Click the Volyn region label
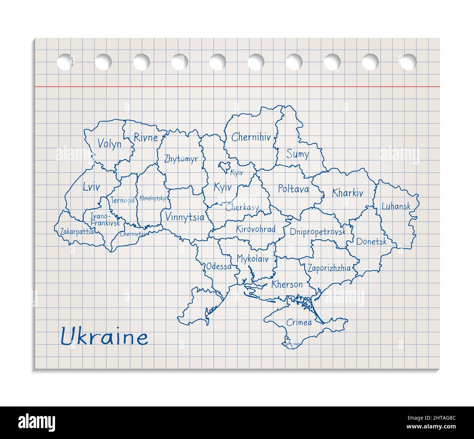click(x=109, y=144)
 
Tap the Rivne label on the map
click(x=145, y=137)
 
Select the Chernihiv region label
click(x=251, y=137)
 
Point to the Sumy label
click(x=298, y=154)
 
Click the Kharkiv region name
click(x=347, y=193)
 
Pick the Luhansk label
click(x=396, y=206)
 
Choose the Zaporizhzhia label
click(x=329, y=268)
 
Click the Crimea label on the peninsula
click(x=299, y=322)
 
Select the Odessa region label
click(x=219, y=267)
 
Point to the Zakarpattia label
click(x=77, y=232)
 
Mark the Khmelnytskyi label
click(x=153, y=199)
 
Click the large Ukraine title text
click(x=104, y=337)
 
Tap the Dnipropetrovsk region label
click(x=318, y=232)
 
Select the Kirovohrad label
click(x=255, y=229)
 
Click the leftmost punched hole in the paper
click(x=65, y=61)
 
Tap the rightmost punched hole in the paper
click(x=408, y=61)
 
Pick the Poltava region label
click(x=293, y=189)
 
